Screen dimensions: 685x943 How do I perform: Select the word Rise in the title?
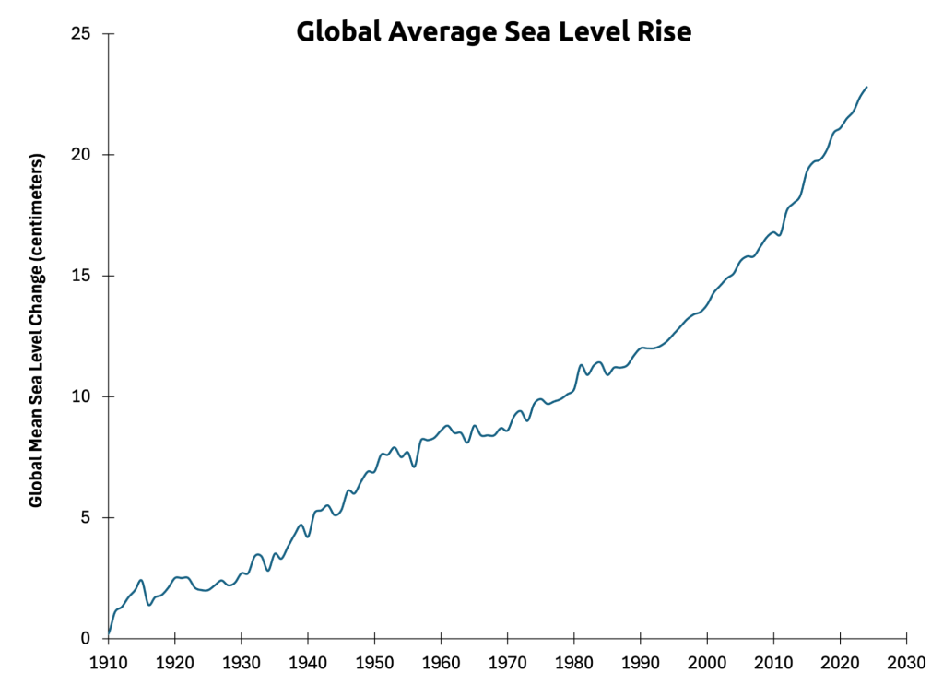point(662,33)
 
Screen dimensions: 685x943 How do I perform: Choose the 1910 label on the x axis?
point(108,663)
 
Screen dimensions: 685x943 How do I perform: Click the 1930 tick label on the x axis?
point(241,663)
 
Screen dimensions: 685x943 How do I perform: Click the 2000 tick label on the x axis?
point(707,663)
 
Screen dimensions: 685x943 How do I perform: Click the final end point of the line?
point(866,87)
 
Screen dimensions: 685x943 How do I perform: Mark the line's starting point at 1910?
point(109,633)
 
